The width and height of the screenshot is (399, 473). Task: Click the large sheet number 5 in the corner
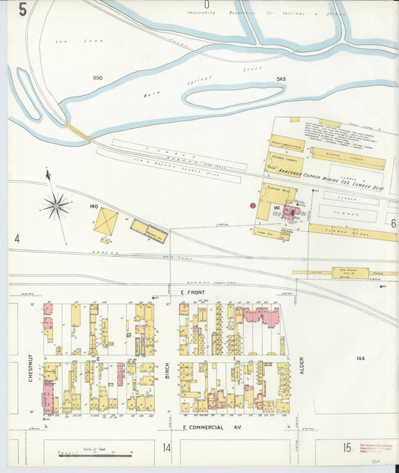click(23, 10)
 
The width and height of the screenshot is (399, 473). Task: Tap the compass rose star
click(57, 204)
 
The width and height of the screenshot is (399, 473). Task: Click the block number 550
click(97, 78)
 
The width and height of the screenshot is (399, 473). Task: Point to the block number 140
click(94, 206)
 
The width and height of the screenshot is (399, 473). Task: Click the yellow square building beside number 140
click(106, 222)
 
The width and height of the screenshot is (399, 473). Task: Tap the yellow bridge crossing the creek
click(76, 132)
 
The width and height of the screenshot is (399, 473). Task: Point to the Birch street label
click(168, 367)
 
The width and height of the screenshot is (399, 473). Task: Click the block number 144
click(361, 358)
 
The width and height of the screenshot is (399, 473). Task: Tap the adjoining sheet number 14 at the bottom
click(167, 448)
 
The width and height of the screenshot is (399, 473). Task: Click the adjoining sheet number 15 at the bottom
click(347, 448)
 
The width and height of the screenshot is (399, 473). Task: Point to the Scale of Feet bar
click(95, 452)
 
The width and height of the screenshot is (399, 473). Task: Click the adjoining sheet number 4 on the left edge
click(16, 239)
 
